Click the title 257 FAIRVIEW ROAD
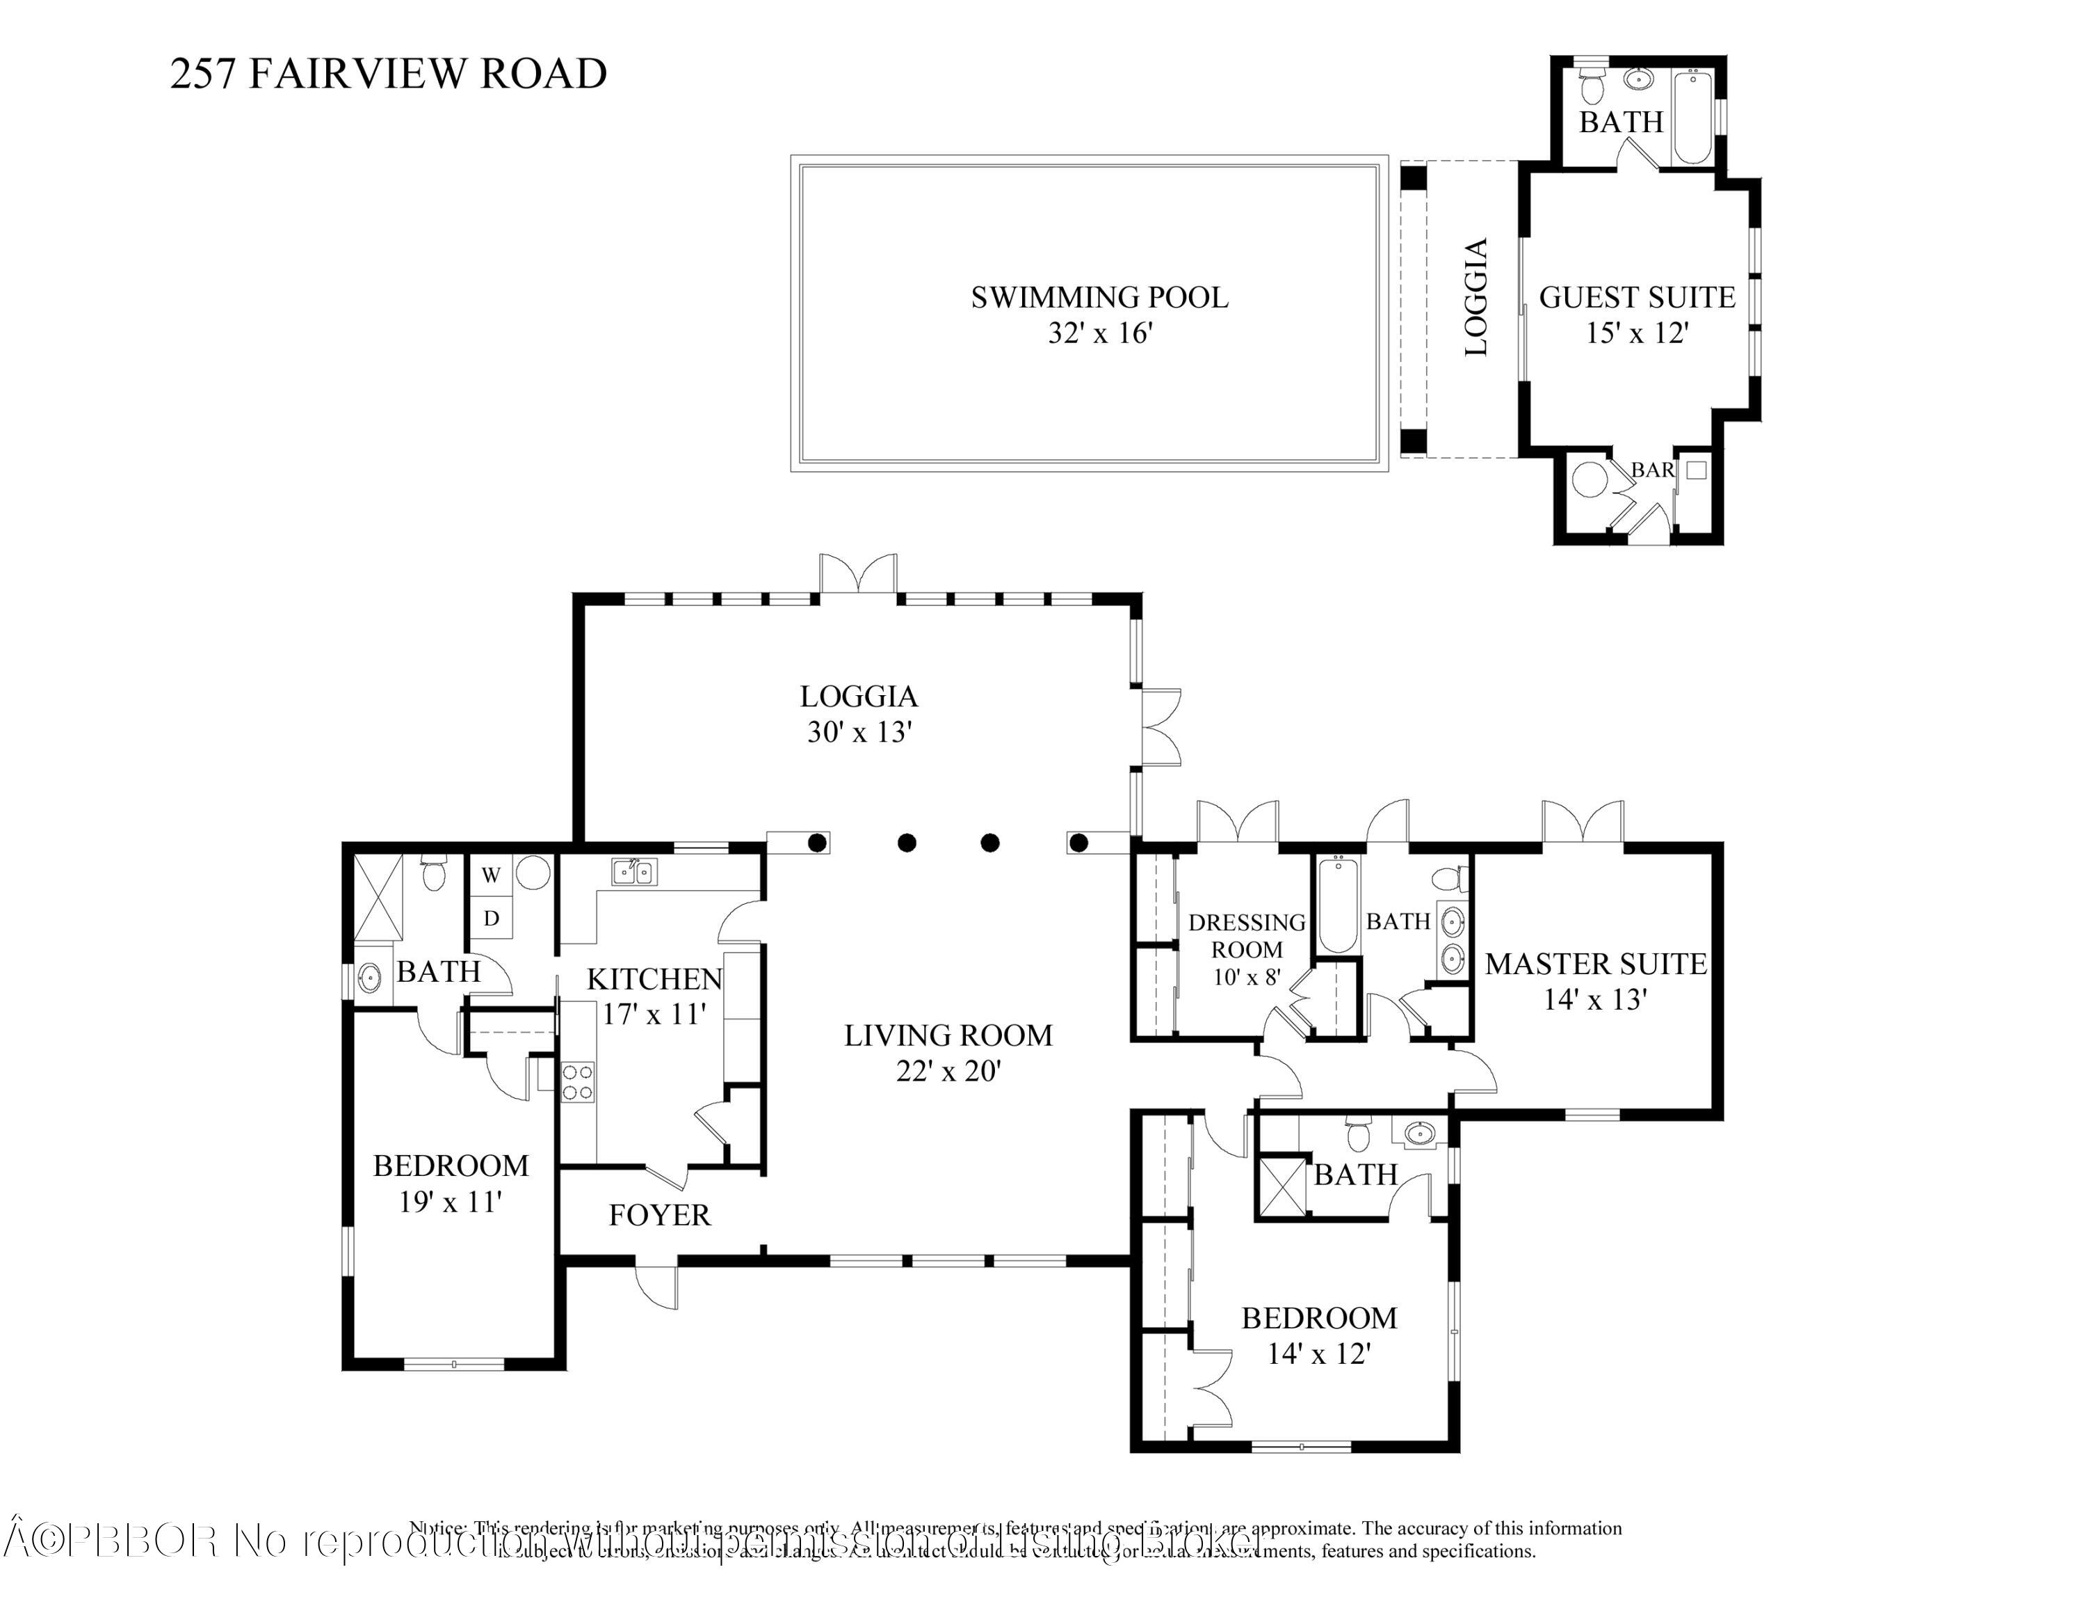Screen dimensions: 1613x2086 (388, 74)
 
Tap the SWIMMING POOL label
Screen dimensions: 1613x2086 (1099, 297)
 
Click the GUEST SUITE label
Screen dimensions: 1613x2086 (1636, 297)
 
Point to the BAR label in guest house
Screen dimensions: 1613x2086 (1651, 470)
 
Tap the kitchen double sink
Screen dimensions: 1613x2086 (633, 871)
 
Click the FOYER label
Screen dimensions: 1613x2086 (659, 1216)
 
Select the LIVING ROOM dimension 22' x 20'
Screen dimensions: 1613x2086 (948, 1071)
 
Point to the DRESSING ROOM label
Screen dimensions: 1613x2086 (1247, 935)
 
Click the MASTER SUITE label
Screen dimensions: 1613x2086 (1595, 964)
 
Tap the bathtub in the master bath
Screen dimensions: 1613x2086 (1336, 904)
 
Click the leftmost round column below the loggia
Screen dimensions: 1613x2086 (818, 843)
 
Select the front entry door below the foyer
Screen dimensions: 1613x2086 (657, 1286)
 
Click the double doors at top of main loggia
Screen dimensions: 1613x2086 (858, 575)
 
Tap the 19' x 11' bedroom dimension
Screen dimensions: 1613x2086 (450, 1202)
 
